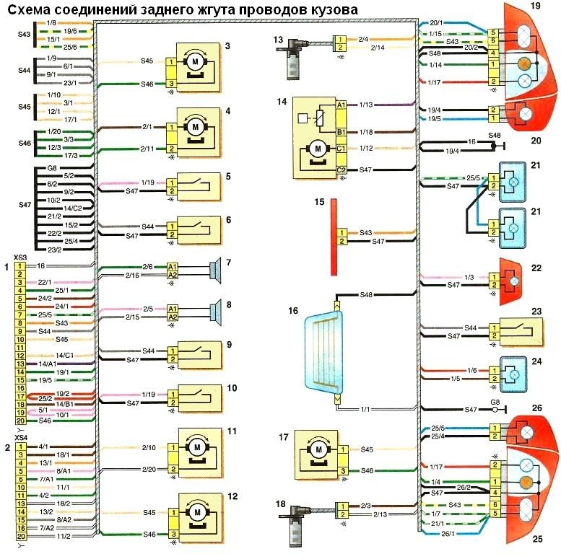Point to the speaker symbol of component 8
214,312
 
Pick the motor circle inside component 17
317,449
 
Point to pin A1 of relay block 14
341,105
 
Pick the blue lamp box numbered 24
515,373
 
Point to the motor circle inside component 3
194,61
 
